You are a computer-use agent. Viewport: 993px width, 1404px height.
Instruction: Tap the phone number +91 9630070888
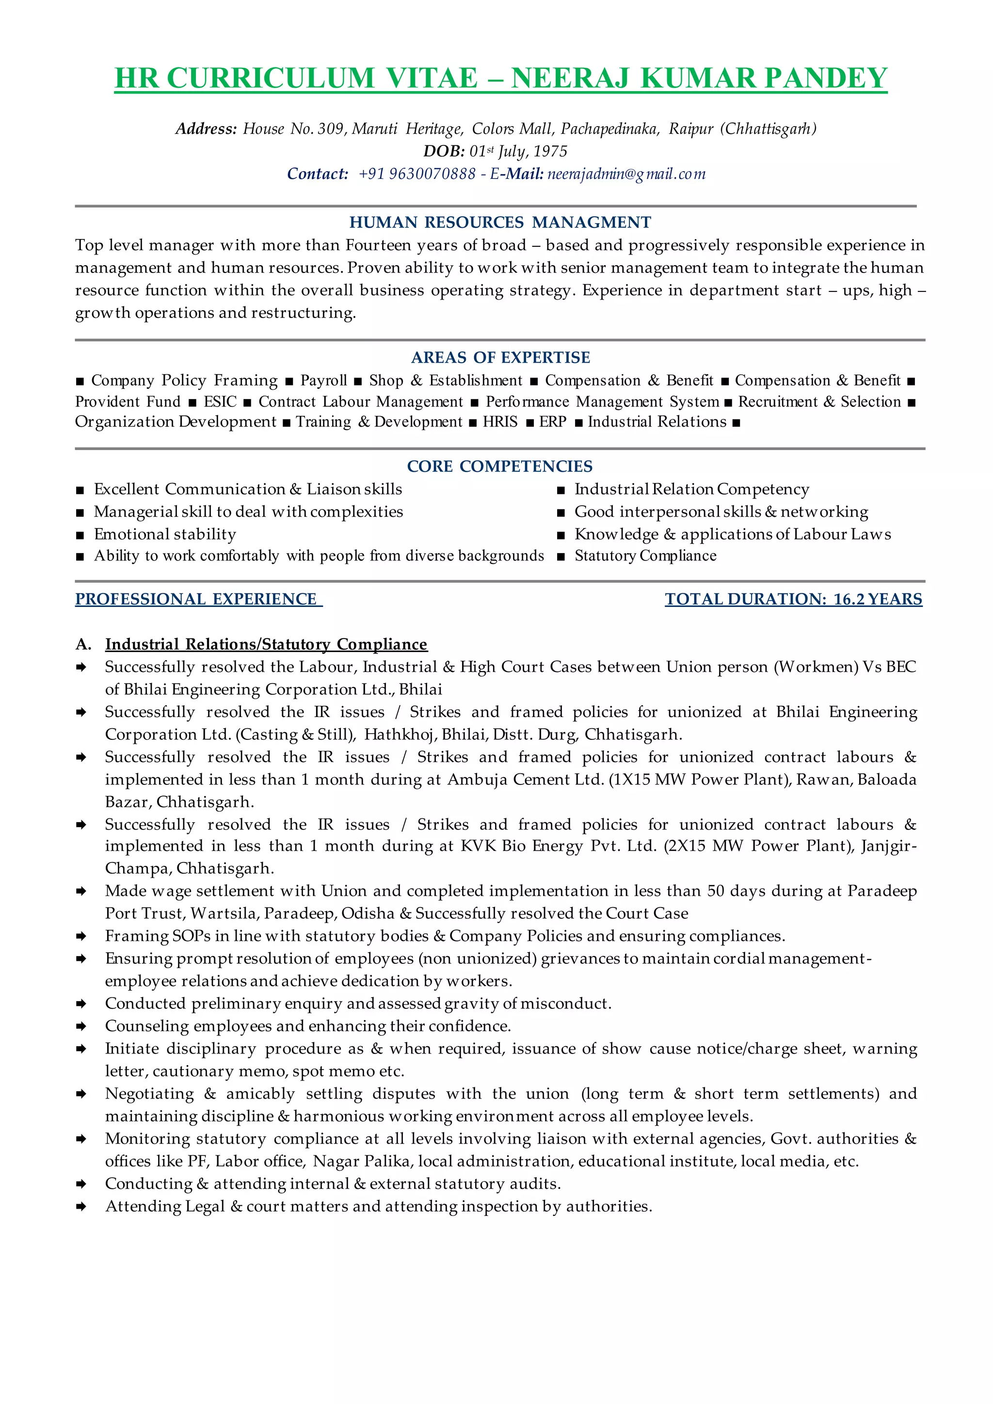[417, 174]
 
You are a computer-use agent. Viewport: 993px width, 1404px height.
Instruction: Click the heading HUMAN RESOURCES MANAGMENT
[500, 223]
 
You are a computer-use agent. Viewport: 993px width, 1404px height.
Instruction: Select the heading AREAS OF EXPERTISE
[500, 358]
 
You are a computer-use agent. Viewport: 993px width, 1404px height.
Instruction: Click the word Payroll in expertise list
[323, 381]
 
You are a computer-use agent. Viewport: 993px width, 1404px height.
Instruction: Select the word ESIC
[220, 402]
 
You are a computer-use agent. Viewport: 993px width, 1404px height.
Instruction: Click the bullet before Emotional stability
[80, 536]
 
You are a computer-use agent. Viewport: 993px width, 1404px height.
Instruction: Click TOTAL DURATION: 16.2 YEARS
[793, 599]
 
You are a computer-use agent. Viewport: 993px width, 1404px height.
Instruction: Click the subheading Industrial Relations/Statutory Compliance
[266, 644]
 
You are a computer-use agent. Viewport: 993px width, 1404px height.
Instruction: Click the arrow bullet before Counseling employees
[80, 1027]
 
